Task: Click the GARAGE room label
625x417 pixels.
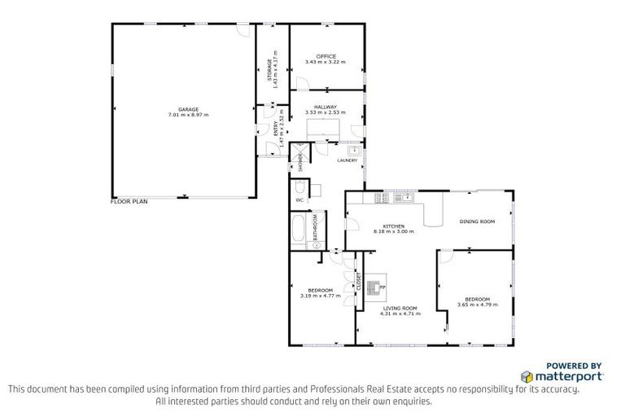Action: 189,109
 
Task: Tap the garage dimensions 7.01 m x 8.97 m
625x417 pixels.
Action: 189,115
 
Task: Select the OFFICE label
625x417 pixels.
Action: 326,56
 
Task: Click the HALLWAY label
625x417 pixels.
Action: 326,107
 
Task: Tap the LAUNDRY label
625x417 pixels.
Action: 347,160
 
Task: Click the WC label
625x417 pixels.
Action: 299,200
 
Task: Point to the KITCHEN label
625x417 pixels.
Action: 394,226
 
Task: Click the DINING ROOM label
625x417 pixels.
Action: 477,222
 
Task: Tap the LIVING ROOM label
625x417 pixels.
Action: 394,308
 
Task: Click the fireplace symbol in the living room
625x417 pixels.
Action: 374,287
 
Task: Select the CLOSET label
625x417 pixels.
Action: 359,282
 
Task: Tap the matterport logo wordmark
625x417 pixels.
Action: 567,376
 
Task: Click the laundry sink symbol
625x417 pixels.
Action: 354,151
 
